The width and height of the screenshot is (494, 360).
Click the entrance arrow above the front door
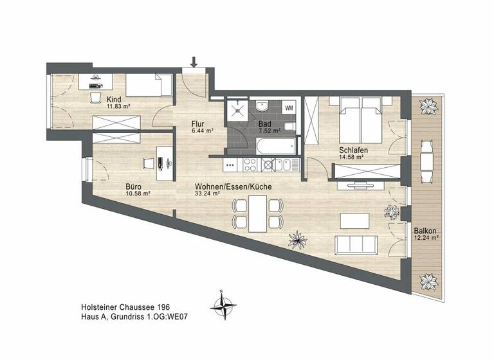[x=194, y=62]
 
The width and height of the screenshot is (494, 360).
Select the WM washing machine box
[x=289, y=107]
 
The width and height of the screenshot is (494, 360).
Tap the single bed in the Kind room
[x=149, y=84]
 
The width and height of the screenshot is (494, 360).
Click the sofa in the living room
[x=355, y=245]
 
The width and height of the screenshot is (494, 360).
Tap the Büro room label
[x=133, y=187]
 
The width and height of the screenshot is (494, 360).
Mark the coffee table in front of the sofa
[x=354, y=220]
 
